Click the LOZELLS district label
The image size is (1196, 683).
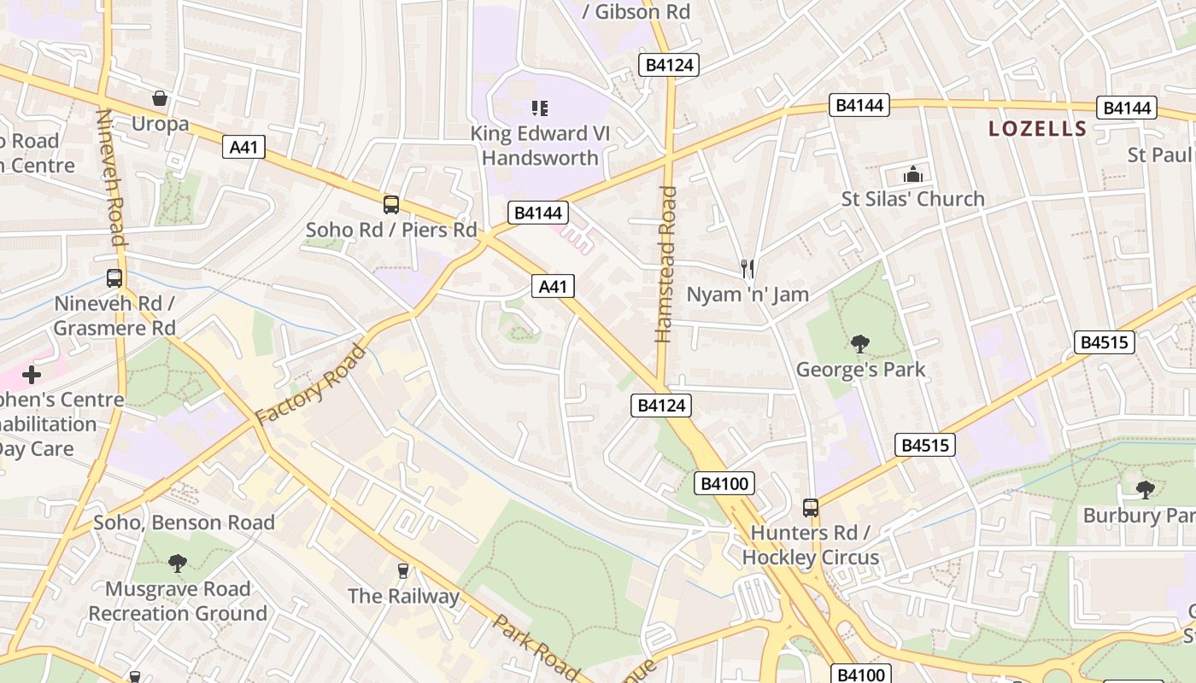(x=1037, y=130)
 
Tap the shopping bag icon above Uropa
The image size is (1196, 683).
(x=159, y=98)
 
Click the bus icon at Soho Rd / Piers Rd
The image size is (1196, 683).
(x=390, y=205)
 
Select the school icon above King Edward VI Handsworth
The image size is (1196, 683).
(x=539, y=108)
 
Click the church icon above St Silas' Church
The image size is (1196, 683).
(x=913, y=175)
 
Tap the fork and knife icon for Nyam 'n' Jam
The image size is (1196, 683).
(x=747, y=269)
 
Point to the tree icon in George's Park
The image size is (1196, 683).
(x=860, y=344)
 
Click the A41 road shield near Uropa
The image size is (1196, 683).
(x=243, y=147)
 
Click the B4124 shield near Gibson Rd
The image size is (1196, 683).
(x=669, y=65)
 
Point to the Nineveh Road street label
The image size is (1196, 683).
(x=112, y=177)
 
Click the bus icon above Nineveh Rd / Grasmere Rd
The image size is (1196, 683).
(x=114, y=278)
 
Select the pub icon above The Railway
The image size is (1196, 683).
(x=403, y=570)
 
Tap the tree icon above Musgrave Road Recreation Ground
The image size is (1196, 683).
(x=178, y=563)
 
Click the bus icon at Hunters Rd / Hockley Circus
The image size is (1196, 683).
(x=810, y=508)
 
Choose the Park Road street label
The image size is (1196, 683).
(x=536, y=647)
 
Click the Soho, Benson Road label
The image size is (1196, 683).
(x=184, y=522)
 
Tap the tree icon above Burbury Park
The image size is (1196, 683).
(x=1145, y=490)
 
